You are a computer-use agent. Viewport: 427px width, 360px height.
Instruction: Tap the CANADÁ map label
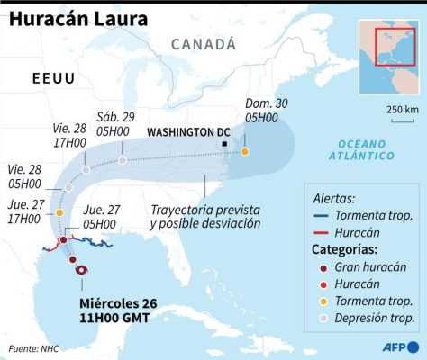pyautogui.click(x=203, y=43)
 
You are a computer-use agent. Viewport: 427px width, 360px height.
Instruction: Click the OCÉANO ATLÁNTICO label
pyautogui.click(x=366, y=149)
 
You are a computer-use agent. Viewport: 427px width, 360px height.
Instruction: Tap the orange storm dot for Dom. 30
pyautogui.click(x=245, y=151)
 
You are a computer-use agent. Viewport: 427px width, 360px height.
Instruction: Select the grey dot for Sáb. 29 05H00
pyautogui.click(x=122, y=160)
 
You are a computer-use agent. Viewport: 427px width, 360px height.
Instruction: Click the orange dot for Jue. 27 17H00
pyautogui.click(x=59, y=212)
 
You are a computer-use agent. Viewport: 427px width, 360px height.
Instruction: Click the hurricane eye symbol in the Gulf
pyautogui.click(x=82, y=270)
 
